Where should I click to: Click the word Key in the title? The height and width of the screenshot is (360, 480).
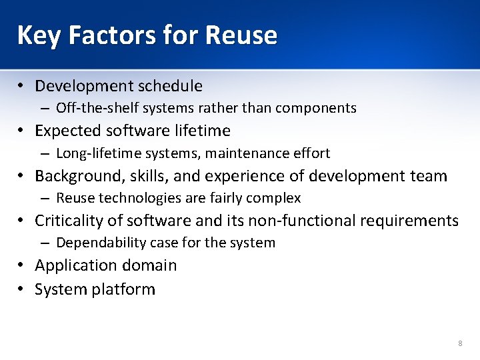(39, 35)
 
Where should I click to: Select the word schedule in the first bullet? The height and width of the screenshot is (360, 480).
(170, 86)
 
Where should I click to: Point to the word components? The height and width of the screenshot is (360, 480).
(319, 108)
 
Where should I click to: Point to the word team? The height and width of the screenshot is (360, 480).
(428, 176)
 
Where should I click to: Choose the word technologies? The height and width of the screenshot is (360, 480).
(137, 198)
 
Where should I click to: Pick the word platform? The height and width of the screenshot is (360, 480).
(125, 290)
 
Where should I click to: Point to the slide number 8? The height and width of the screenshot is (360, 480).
(460, 343)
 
